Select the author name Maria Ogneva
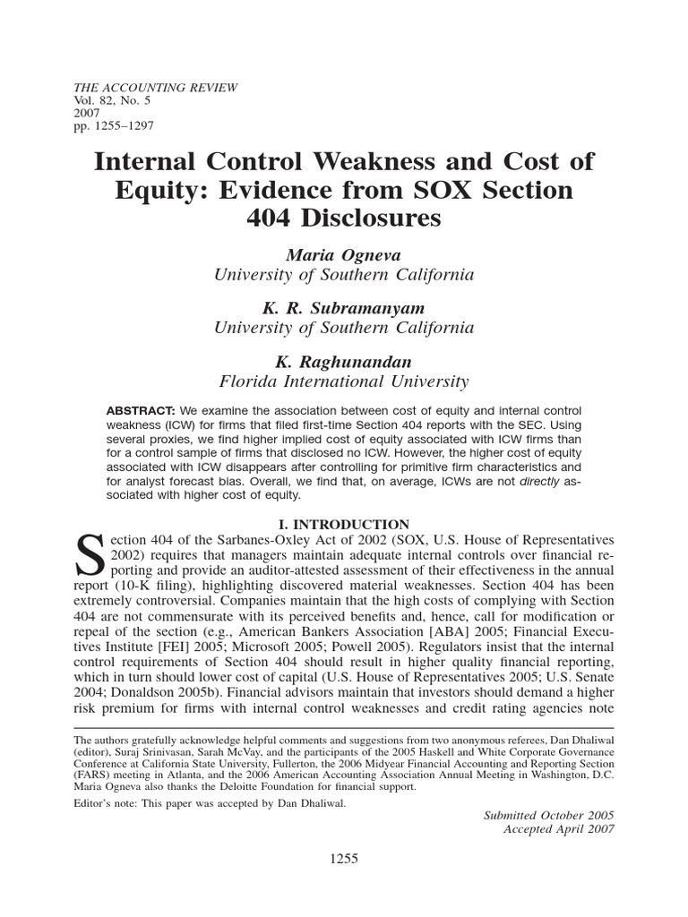pos(344,255)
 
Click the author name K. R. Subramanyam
pos(344,307)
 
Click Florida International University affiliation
pos(344,381)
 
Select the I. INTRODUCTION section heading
pos(344,524)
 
